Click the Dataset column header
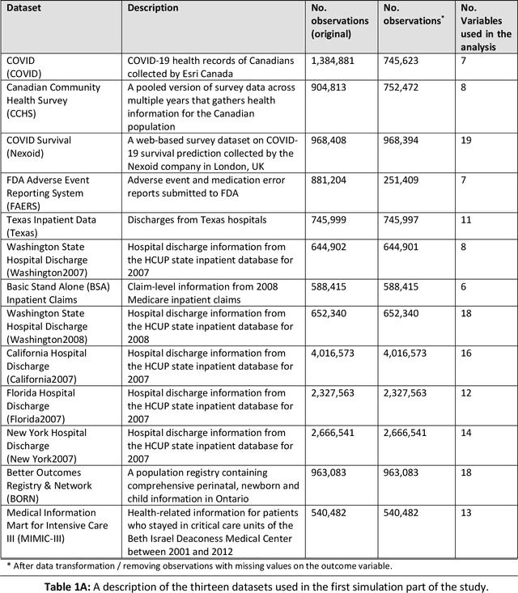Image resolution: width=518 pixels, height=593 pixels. [x=26, y=8]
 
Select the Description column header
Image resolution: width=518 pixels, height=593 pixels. [x=153, y=8]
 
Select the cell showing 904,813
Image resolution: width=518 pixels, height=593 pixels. [x=333, y=87]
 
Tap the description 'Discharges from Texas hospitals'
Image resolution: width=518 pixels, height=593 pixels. [x=197, y=219]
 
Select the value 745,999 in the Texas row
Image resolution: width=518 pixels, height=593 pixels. [x=333, y=219]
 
